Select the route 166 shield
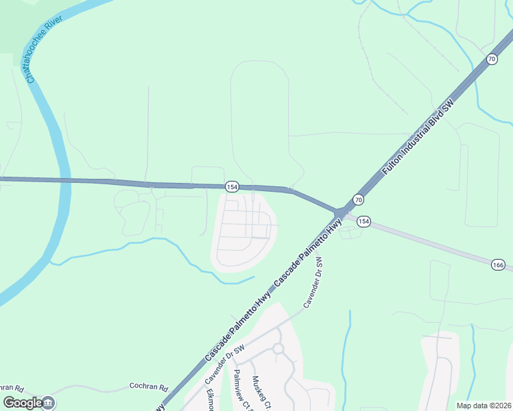coord(498,264)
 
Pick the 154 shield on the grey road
coord(363,221)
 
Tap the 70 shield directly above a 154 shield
coord(358,199)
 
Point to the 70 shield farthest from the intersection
coord(492,60)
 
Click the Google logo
coord(22,403)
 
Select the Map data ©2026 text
coord(484,406)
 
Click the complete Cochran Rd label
coord(149,387)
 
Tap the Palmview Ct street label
coord(240,390)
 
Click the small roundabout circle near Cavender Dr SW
coord(278,349)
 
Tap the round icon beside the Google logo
coord(49,403)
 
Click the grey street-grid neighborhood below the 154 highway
coord(243,229)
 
